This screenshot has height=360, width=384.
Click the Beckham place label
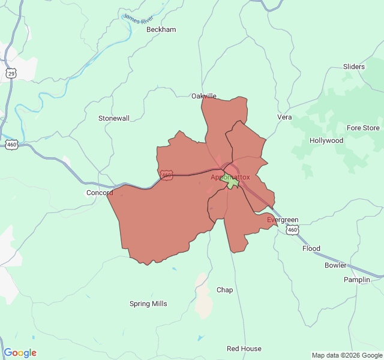pos(161,29)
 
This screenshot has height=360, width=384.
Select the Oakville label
pos(204,96)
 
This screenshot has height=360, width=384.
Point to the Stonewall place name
pos(114,118)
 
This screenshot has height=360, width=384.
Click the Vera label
pos(284,117)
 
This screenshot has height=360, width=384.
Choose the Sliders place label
pos(354,67)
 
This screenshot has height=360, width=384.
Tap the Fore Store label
pos(363,128)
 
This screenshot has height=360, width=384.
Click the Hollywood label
pos(326,140)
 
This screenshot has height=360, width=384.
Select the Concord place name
pos(100,193)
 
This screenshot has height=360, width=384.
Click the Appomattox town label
pos(230,177)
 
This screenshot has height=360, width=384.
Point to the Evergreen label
pos(283,220)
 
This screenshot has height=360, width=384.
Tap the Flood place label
pos(311,248)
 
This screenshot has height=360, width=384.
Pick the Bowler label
pos(335,265)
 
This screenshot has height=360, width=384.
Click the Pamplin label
pos(357,280)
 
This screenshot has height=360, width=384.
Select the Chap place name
pos(224,290)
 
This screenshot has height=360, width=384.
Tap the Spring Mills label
pos(148,304)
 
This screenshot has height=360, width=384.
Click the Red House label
pos(244,349)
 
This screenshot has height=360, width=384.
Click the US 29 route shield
pos(11,73)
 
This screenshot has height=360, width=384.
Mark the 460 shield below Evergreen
pos(292,230)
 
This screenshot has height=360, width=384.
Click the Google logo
pos(20,353)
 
